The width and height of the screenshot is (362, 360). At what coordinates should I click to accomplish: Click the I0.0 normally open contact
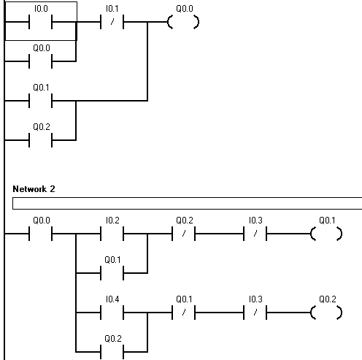click(x=41, y=22)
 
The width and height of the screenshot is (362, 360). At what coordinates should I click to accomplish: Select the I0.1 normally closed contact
click(x=112, y=22)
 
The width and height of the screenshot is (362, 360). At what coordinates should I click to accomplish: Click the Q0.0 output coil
click(x=183, y=22)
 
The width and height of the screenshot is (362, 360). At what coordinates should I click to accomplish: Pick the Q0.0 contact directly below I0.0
click(x=41, y=61)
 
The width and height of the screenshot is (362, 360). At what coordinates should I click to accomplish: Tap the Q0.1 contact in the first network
click(x=41, y=101)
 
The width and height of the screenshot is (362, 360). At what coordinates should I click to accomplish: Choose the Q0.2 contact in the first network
click(x=41, y=140)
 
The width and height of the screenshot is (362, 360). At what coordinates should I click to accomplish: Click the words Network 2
click(x=34, y=189)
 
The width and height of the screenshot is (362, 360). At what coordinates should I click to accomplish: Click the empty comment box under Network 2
click(x=187, y=203)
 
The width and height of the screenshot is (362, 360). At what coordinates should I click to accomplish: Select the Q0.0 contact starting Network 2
click(x=41, y=234)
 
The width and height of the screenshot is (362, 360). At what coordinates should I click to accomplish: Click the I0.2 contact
click(x=112, y=234)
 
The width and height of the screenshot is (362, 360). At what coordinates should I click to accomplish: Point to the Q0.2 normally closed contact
click(x=184, y=234)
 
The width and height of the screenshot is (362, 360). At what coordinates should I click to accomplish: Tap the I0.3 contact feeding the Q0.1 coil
click(x=255, y=234)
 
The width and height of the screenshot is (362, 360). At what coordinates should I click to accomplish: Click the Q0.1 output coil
click(x=326, y=234)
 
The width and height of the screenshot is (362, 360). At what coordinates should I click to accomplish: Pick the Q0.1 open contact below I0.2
click(x=112, y=273)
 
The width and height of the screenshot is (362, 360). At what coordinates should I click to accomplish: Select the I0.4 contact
click(x=112, y=313)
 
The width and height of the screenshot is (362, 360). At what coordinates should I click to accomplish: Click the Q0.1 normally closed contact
click(x=184, y=313)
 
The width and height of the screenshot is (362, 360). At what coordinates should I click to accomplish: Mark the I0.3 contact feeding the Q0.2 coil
click(x=255, y=313)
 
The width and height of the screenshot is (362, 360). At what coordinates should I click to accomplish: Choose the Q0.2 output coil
click(x=326, y=313)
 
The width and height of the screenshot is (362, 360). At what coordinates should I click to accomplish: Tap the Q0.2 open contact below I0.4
click(x=112, y=352)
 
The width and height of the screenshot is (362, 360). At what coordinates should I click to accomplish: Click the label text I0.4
click(x=112, y=299)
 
